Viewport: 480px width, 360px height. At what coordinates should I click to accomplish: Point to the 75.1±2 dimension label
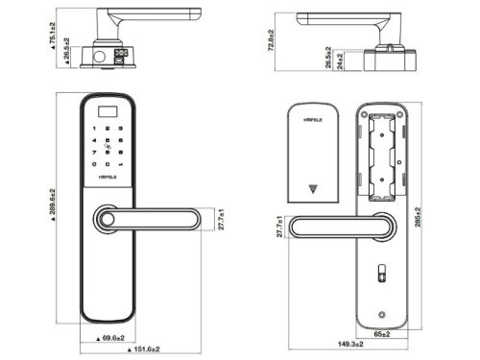49,36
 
